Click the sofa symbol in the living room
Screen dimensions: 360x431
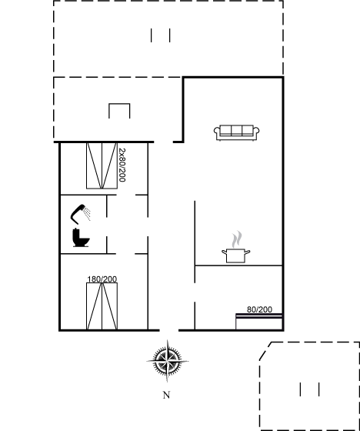coord(237,132)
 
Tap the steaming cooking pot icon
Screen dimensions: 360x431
coord(236,247)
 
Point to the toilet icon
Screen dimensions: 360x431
coord(81,238)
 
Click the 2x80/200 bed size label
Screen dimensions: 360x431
coord(122,165)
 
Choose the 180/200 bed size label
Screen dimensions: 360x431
coord(102,279)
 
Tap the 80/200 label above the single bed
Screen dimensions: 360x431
coord(259,309)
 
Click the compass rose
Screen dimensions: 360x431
coord(168,361)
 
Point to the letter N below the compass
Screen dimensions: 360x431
coord(166,395)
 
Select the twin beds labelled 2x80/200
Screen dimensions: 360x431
coord(102,165)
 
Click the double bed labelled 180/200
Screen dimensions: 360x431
coord(102,306)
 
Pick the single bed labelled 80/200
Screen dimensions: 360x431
coord(259,322)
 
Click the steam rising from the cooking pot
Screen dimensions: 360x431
coord(237,239)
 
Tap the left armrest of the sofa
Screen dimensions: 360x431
coord(217,131)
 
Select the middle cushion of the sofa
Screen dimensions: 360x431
coord(237,130)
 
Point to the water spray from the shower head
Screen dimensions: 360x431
coord(88,214)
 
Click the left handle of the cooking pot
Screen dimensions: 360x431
coord(224,252)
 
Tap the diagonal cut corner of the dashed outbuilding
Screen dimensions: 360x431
coord(265,351)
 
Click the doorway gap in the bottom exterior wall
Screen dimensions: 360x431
coord(169,330)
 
